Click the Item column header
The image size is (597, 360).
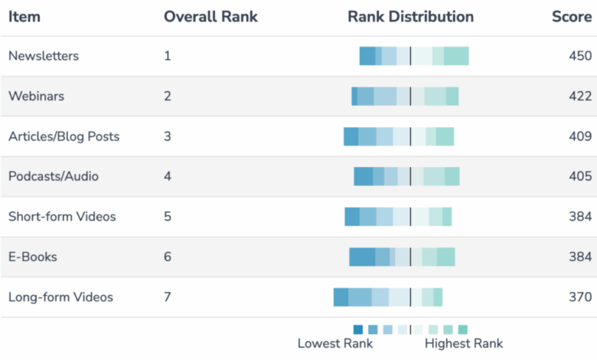pyautogui.click(x=24, y=17)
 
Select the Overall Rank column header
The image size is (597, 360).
pyautogui.click(x=210, y=17)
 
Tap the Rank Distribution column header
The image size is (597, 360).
pyautogui.click(x=410, y=17)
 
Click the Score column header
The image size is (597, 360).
pyautogui.click(x=572, y=17)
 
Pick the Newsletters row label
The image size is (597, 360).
pyautogui.click(x=44, y=56)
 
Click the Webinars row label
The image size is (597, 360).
pyautogui.click(x=36, y=96)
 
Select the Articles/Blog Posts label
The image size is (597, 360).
pyautogui.click(x=64, y=136)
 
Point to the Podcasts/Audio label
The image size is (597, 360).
pyautogui.click(x=54, y=176)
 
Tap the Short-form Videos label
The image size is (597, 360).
pyautogui.click(x=62, y=217)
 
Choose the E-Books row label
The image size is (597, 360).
pyautogui.click(x=33, y=257)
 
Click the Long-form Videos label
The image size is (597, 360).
pyautogui.click(x=60, y=297)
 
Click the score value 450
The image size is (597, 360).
pyautogui.click(x=580, y=56)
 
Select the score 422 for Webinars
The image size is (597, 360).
pyautogui.click(x=580, y=96)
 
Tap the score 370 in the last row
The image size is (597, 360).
pyautogui.click(x=580, y=297)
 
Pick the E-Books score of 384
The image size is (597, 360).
pyautogui.click(x=580, y=257)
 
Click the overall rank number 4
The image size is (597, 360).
pyautogui.click(x=168, y=176)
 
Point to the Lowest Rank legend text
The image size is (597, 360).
pyautogui.click(x=335, y=344)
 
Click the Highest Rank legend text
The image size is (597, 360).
pyautogui.click(x=464, y=344)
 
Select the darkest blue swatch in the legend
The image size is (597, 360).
pyautogui.click(x=358, y=329)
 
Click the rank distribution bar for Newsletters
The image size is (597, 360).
pyautogui.click(x=414, y=56)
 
